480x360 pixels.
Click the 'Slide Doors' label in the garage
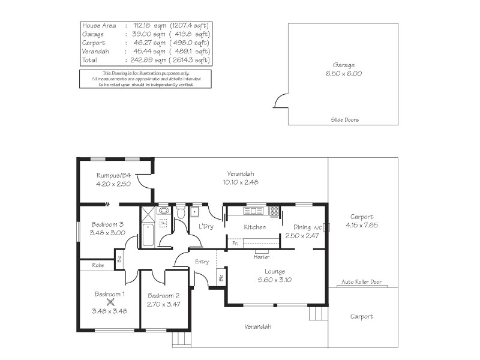click(x=344, y=120)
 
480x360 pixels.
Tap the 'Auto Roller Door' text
click(x=361, y=281)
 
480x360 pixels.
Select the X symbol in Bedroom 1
click(x=110, y=303)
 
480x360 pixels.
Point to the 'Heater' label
click(x=261, y=256)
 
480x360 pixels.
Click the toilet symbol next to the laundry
click(x=181, y=213)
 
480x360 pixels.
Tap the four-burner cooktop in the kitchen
click(x=274, y=211)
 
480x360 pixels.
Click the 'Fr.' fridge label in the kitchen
click(x=235, y=244)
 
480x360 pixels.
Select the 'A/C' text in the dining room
click(x=316, y=227)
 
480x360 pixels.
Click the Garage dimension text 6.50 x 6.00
click(x=344, y=73)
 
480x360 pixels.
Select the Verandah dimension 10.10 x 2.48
click(x=240, y=182)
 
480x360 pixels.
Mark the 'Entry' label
click(x=202, y=262)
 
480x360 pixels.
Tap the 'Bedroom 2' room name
click(x=163, y=296)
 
